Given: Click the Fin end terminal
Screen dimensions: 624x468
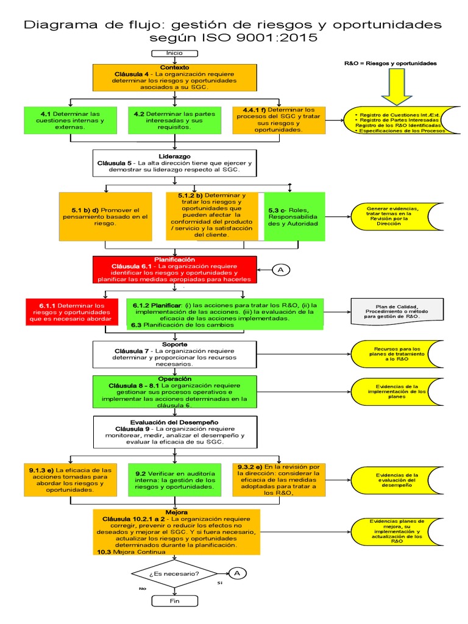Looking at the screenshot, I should point(174,601).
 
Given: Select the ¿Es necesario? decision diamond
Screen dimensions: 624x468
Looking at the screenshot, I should point(174,574).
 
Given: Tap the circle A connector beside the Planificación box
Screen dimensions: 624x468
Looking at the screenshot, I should point(280,270).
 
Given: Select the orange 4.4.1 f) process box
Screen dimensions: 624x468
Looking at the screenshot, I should point(278,121).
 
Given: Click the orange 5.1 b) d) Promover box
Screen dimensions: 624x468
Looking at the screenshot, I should point(105,216).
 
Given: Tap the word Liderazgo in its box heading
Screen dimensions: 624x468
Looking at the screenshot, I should point(174,155).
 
